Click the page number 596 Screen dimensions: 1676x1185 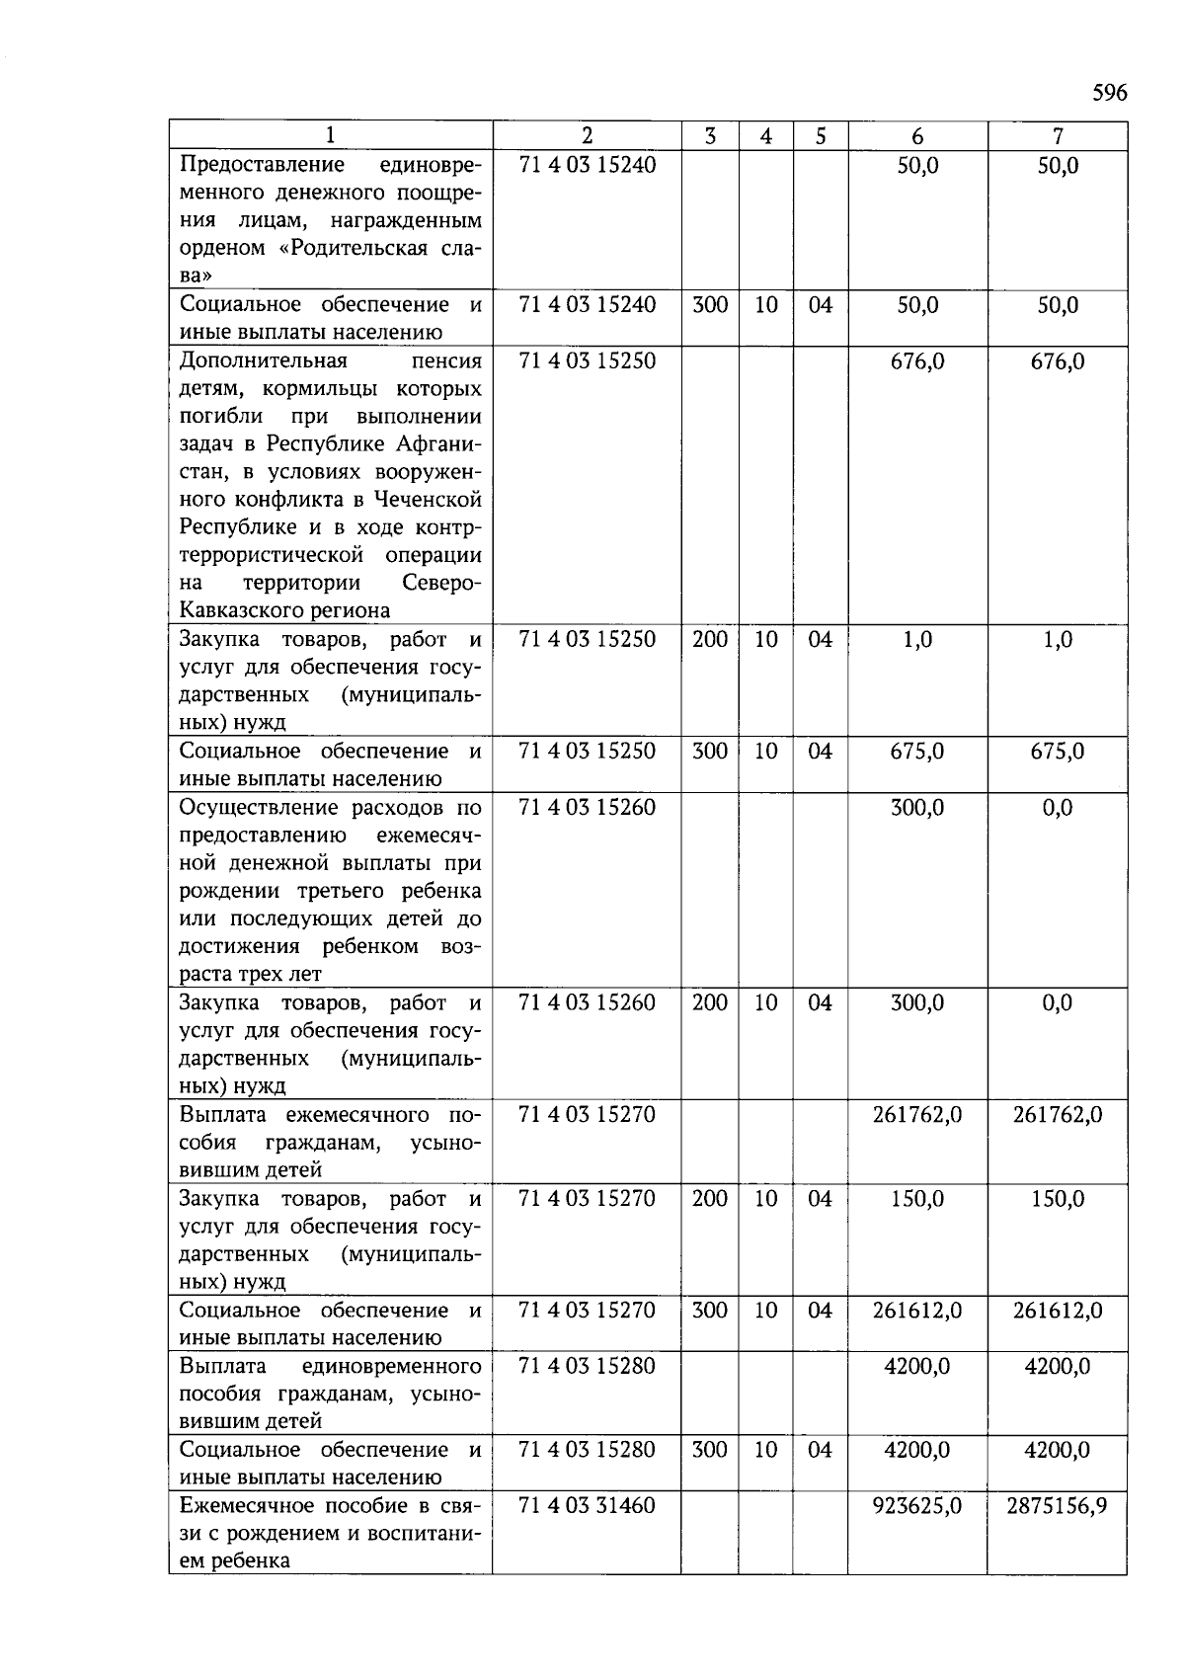pos(1109,93)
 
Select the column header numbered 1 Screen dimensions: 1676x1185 pos(330,136)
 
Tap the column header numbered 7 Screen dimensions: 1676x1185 pos(1058,136)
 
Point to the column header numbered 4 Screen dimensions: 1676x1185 pos(765,136)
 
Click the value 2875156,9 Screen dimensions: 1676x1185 pos(1057,1505)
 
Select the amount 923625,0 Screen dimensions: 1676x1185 pos(917,1505)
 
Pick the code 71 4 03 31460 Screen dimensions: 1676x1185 pos(588,1505)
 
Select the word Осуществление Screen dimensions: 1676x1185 pos(259,808)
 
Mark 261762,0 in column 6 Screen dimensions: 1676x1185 pos(917,1115)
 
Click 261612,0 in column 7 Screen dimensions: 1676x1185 pos(1057,1311)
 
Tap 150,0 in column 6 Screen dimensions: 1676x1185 pos(917,1199)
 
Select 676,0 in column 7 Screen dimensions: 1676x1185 pos(1057,361)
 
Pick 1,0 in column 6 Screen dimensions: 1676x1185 pos(917,640)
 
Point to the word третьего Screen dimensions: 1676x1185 pos(352,891)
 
